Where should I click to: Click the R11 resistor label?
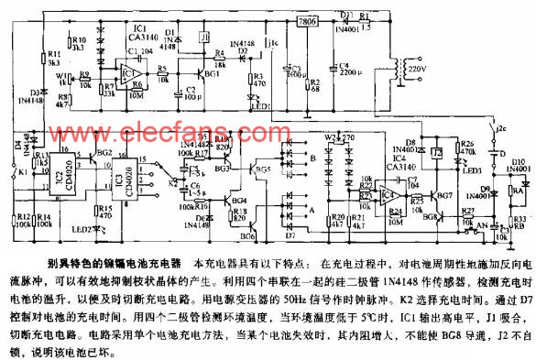[52, 56]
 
